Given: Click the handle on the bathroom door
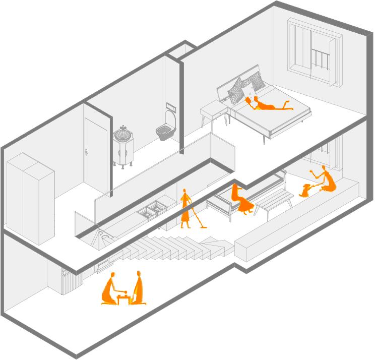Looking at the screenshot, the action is point(88,151).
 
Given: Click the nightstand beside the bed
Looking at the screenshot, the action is point(215,112).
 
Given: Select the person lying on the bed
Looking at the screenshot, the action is point(267,104).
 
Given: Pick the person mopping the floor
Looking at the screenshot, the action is point(186,208).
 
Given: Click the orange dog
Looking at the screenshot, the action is point(305,190).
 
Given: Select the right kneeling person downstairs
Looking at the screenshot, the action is point(138,289).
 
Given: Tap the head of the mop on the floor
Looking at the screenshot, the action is point(204,227).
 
